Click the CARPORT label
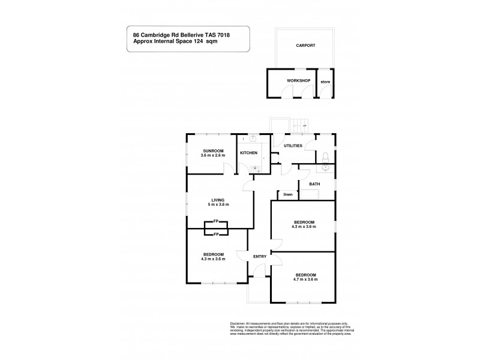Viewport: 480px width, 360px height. tap(305, 46)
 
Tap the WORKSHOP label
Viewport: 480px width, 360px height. tap(298, 80)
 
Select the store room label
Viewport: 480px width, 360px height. tap(325, 81)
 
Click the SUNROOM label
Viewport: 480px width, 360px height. tap(213, 151)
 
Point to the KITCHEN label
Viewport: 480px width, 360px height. tap(249, 153)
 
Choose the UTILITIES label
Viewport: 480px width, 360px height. tap(293, 146)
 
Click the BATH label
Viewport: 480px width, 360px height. tap(314, 184)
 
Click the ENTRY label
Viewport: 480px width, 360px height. tap(260, 257)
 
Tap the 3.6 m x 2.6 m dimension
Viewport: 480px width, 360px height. tap(213, 156)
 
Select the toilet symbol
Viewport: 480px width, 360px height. tap(324, 157)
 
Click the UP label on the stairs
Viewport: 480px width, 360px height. tap(305, 125)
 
